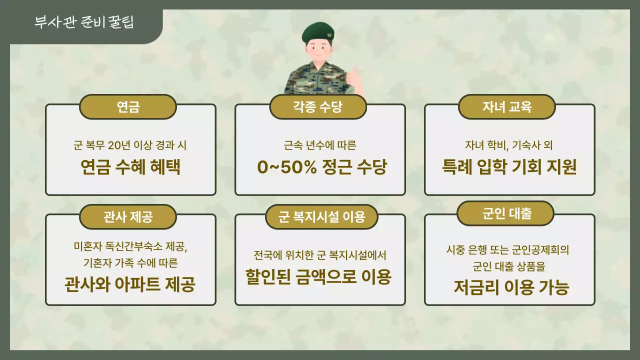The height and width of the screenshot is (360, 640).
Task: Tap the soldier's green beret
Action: pyautogui.click(x=318, y=32)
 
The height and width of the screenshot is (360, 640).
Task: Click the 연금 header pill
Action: pyautogui.click(x=128, y=107)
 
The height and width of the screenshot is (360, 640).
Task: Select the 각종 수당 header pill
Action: pyautogui.click(x=318, y=107)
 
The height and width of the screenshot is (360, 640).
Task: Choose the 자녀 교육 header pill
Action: pyautogui.click(x=507, y=107)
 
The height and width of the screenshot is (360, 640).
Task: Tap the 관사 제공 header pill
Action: pyautogui.click(x=128, y=217)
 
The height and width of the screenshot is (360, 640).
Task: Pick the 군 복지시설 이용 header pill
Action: pyautogui.click(x=321, y=217)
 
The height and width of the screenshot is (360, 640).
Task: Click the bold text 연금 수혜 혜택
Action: pyautogui.click(x=130, y=167)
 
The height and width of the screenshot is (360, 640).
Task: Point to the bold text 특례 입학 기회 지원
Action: pyautogui.click(x=509, y=167)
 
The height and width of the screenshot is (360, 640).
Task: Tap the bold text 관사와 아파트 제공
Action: pyautogui.click(x=130, y=285)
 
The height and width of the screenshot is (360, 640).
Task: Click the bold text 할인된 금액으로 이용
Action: pyautogui.click(x=318, y=276)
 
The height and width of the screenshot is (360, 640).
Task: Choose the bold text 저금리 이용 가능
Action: pyautogui.click(x=511, y=287)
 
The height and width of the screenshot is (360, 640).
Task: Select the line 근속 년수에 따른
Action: pyautogui.click(x=319, y=146)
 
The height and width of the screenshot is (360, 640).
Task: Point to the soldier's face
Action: pyautogui.click(x=318, y=50)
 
